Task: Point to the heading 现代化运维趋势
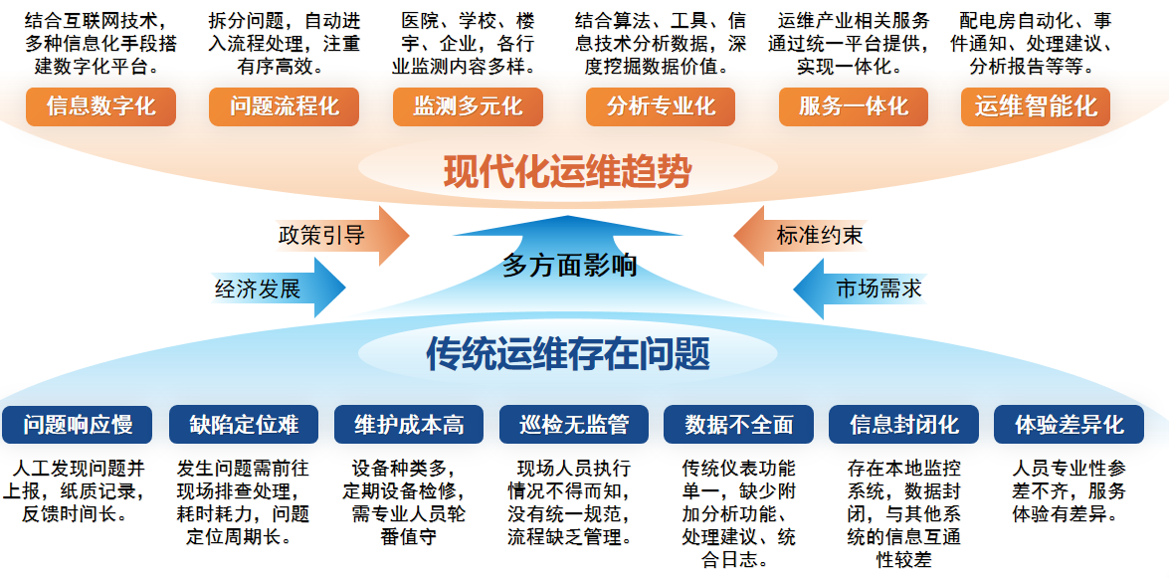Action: tap(567, 173)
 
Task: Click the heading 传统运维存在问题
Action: tap(567, 352)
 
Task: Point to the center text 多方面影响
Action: tap(569, 266)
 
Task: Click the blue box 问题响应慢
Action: tap(78, 425)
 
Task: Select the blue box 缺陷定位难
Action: tap(244, 425)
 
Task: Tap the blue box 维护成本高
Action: tap(409, 425)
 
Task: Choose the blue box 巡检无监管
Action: tap(574, 425)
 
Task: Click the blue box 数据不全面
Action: tap(738, 425)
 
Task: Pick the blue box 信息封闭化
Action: tap(903, 425)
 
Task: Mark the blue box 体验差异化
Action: tap(1069, 425)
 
